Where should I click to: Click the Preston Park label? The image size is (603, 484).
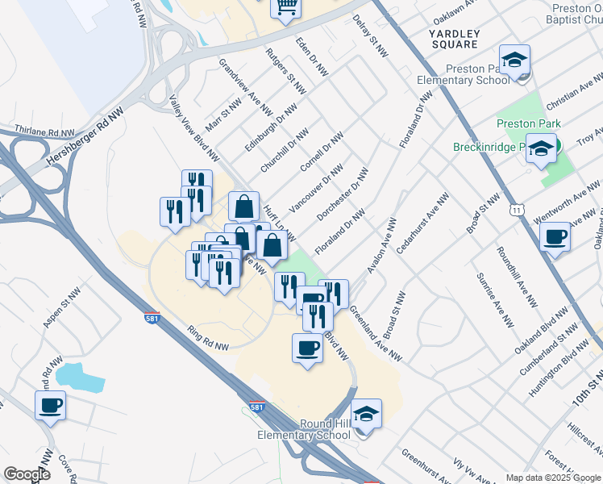pyautogui.click(x=528, y=123)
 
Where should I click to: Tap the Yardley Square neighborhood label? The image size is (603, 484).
pyautogui.click(x=454, y=39)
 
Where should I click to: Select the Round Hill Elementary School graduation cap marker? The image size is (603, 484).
pyautogui.click(x=367, y=415)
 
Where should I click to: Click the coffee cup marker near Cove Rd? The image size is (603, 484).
pyautogui.click(x=50, y=405)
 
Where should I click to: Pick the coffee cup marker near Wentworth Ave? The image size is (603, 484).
pyautogui.click(x=555, y=238)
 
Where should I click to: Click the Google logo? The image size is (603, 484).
pyautogui.click(x=27, y=474)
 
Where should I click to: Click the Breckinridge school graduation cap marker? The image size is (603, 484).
pyautogui.click(x=541, y=148)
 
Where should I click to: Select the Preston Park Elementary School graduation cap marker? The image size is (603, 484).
pyautogui.click(x=514, y=60)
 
